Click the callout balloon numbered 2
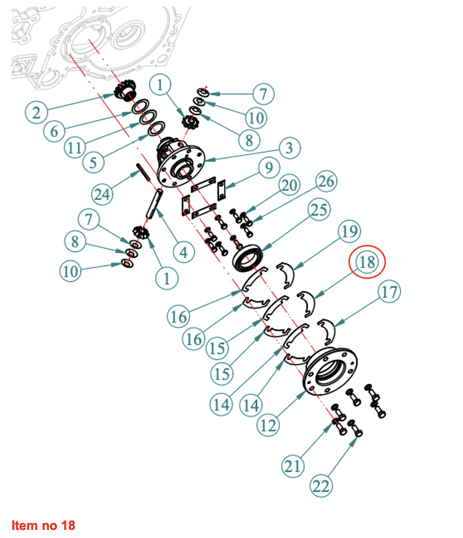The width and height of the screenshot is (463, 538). point(36,112)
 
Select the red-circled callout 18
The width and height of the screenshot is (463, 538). point(367,262)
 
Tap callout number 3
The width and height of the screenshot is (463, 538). point(290,148)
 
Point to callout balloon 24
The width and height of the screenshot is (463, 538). point(102,194)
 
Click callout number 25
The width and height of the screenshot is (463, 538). point(319,210)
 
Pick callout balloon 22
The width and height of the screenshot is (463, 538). point(321,486)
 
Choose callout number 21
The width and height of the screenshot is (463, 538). point(293,466)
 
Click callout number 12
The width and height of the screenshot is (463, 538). point(268,425)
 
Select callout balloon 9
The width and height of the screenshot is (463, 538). point(269,167)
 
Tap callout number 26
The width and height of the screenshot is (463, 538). point(326,181)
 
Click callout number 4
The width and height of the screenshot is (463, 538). point(184,252)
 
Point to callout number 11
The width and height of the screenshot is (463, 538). point(75,147)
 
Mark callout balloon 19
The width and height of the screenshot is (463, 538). point(349,231)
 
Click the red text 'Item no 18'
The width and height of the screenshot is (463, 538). point(43,525)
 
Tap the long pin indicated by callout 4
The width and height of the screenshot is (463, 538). point(154,203)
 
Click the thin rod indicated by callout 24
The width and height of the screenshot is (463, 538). point(143,172)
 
